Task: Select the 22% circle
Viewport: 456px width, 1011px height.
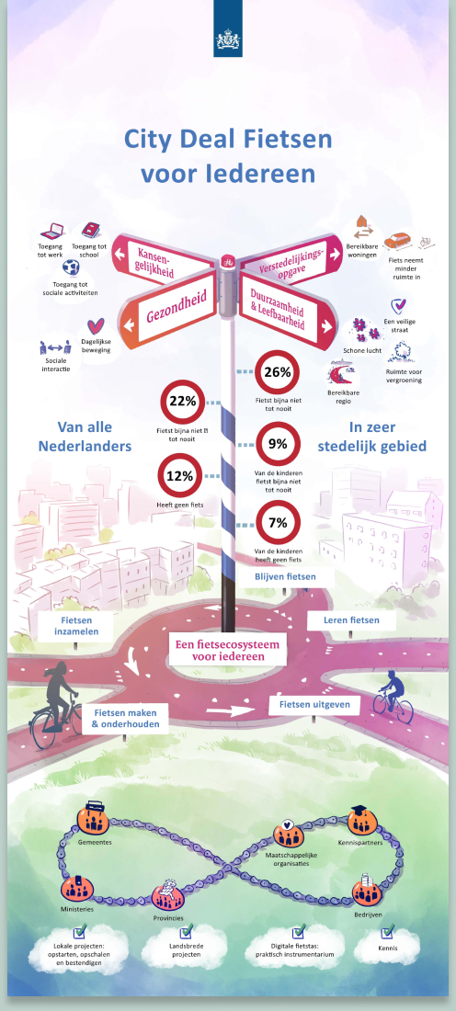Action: point(182,401)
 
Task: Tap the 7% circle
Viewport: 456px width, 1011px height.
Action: point(278,523)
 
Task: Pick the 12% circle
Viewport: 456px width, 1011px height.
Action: point(180,476)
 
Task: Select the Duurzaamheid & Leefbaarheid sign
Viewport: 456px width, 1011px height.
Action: point(286,308)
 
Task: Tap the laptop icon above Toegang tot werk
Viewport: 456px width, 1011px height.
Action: point(51,231)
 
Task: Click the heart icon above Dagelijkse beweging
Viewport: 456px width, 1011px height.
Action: point(96,326)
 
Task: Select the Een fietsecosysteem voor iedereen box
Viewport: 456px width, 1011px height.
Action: point(228,649)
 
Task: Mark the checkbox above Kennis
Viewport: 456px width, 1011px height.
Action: point(388,931)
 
